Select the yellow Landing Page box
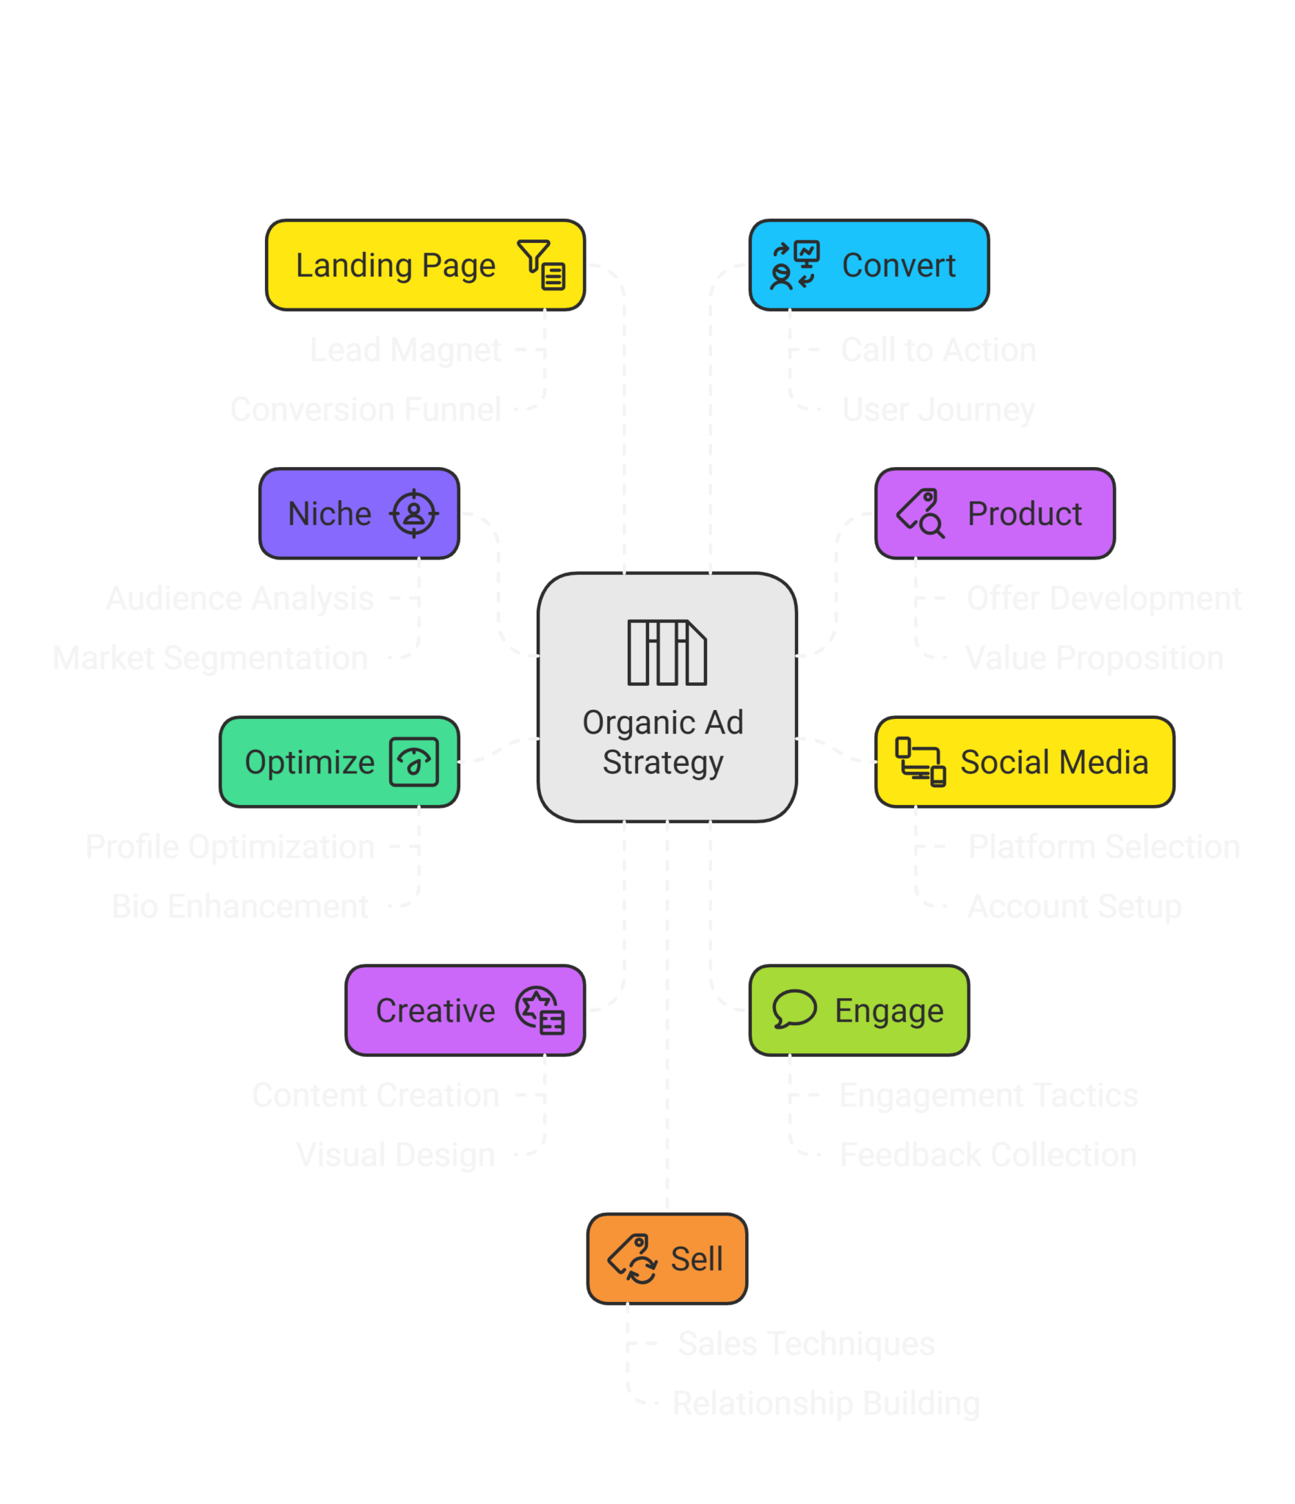click(424, 265)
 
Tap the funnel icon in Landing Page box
click(541, 265)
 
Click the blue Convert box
click(869, 265)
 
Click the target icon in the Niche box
click(414, 513)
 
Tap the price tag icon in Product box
click(921, 513)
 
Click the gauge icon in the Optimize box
click(414, 762)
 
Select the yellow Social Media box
click(1025, 762)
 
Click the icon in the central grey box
click(667, 652)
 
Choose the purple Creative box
click(465, 1010)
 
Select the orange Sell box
click(667, 1259)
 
